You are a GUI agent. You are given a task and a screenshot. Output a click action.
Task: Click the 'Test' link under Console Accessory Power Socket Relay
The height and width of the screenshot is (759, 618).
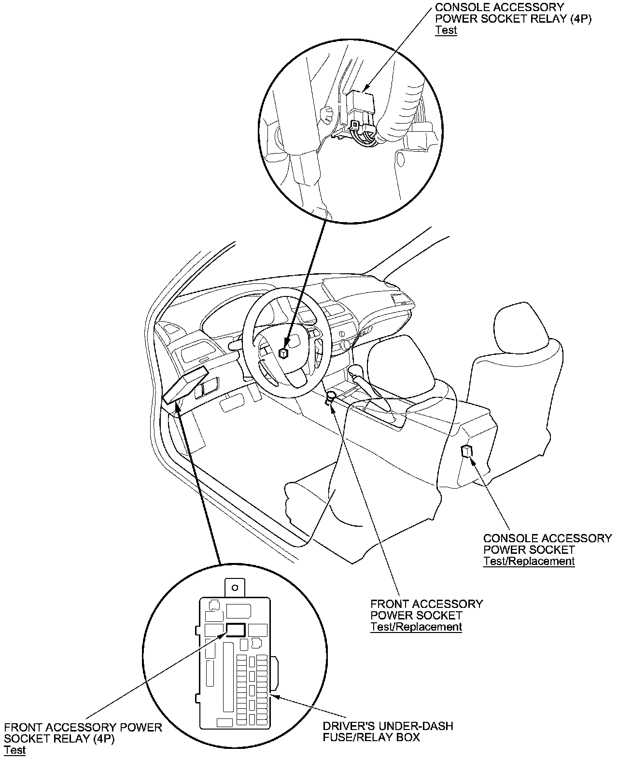446,30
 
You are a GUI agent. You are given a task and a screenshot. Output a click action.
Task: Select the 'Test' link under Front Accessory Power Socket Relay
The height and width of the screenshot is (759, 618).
14,750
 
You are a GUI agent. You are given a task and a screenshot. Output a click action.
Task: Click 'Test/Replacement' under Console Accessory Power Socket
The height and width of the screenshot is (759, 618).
529,561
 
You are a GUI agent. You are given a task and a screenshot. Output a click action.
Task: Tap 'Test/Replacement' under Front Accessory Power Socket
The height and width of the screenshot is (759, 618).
416,627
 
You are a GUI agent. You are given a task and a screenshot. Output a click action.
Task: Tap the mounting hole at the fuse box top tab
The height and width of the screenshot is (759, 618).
235,588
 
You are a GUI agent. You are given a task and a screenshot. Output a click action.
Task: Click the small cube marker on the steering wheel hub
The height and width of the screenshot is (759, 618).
283,353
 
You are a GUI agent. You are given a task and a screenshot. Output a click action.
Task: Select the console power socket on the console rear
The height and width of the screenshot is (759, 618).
467,451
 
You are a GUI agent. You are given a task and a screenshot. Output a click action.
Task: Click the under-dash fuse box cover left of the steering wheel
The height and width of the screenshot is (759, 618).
185,384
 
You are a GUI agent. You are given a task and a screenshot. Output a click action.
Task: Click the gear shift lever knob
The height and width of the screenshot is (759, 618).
355,370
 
